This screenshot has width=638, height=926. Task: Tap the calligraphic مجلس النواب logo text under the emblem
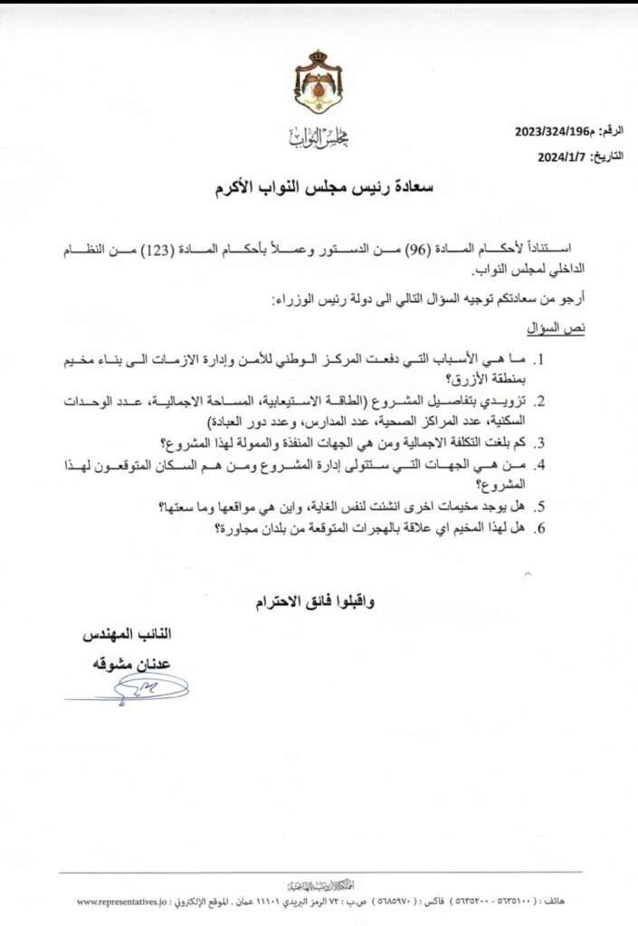(319, 137)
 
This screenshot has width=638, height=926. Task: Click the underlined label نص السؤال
(557, 327)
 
